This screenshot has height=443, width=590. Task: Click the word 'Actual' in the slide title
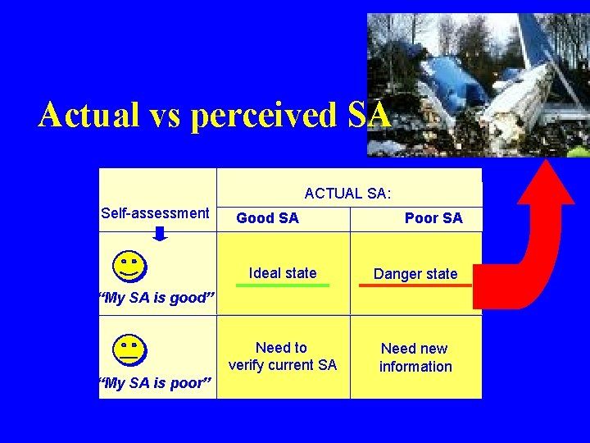[x=89, y=115]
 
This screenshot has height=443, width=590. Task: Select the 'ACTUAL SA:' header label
[x=347, y=194]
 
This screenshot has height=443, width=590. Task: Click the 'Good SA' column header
[x=267, y=218]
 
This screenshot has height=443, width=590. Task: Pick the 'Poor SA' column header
[x=433, y=218]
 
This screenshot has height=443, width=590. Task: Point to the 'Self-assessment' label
[x=155, y=213]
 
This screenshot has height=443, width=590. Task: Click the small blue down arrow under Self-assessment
[x=161, y=234]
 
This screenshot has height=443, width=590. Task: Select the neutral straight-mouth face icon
[x=129, y=349]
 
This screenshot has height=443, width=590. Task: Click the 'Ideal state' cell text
[x=283, y=273]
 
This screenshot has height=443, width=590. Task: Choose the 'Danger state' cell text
[x=415, y=274]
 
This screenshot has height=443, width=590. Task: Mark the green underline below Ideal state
[x=283, y=285]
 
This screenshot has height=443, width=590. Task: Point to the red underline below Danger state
[x=415, y=285]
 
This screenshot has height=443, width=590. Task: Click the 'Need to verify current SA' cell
[x=283, y=356]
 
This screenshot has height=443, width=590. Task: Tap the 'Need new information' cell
[x=415, y=358]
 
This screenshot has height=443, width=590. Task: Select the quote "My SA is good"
[x=156, y=298]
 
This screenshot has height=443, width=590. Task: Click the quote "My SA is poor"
[x=155, y=384]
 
